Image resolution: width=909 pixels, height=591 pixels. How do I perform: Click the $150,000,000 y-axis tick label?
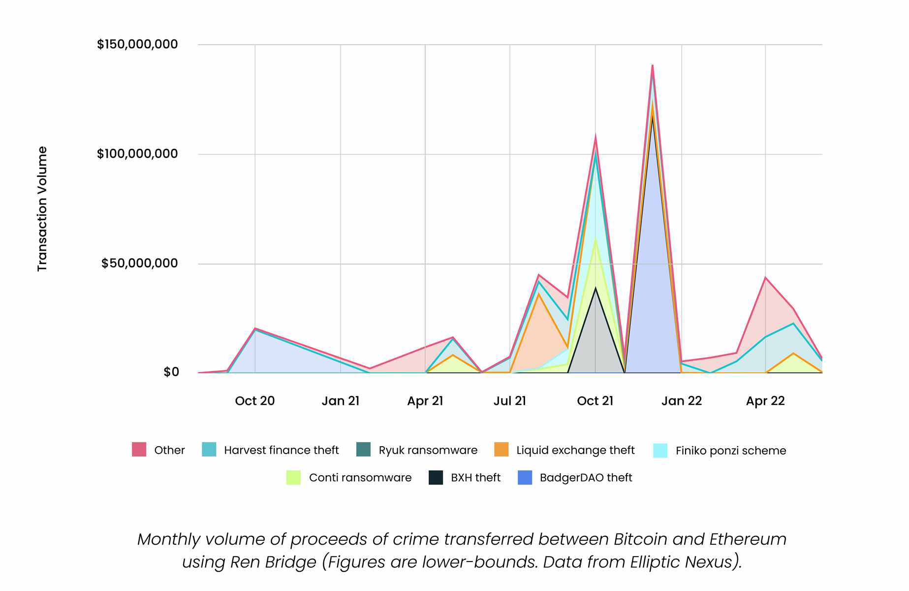point(137,45)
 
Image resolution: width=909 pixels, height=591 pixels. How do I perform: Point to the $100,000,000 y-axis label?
point(137,154)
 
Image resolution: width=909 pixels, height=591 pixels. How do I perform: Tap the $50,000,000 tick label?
point(139,263)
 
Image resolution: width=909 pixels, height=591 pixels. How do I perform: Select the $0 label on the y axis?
point(171,372)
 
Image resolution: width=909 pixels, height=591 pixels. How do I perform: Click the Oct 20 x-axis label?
point(254,401)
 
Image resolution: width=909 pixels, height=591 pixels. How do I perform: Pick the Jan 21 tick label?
point(341,401)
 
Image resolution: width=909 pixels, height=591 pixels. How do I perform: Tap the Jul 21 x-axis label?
point(509,401)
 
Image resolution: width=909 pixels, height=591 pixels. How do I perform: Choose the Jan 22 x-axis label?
point(681,401)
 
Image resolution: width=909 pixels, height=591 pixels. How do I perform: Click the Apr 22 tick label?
point(765,401)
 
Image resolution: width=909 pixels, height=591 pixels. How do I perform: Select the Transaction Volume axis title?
point(42,209)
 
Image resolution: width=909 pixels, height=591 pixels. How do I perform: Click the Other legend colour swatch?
point(139,450)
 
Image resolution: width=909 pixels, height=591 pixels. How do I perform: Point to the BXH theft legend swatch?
point(436,478)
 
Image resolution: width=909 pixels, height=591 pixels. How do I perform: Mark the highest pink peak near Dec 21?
point(652,65)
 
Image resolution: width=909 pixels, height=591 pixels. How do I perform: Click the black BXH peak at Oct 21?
point(596,288)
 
